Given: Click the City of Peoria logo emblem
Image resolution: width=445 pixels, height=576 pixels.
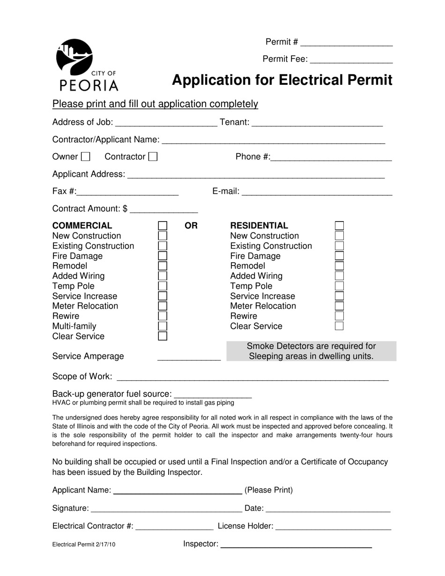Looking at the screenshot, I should click(74, 57).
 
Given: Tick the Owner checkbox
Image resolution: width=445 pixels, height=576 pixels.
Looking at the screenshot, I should click(86, 157).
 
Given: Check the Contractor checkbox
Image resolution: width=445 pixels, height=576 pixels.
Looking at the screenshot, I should click(153, 157).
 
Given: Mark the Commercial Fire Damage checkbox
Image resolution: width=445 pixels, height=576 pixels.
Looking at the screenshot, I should click(163, 256).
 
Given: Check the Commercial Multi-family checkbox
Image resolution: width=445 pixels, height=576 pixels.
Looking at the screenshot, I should click(163, 326).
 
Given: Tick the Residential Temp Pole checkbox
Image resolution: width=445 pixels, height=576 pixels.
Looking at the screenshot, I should click(340, 286).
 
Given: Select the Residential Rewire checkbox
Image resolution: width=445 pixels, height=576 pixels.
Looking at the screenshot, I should click(340, 316).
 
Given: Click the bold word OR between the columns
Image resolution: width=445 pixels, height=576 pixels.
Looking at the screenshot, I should click(191, 226).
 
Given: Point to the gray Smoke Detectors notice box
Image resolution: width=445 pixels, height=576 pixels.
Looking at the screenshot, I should click(311, 351).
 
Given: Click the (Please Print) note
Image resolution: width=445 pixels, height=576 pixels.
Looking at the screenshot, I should click(268, 490).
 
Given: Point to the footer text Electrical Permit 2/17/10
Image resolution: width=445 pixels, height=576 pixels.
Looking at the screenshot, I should click(84, 545).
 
